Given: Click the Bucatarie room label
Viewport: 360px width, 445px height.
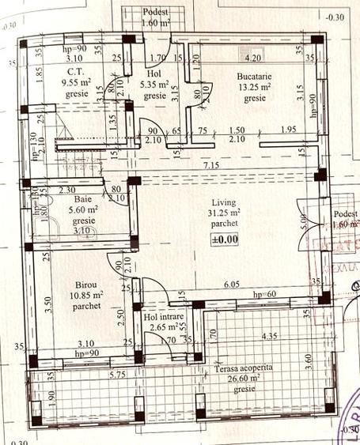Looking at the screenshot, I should (x=255, y=77).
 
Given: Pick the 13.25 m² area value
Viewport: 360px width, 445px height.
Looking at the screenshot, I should (x=255, y=87).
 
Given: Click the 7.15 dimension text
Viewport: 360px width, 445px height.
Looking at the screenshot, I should (x=210, y=164).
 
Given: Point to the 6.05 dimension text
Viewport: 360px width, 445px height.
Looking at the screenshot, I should (x=231, y=284).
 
